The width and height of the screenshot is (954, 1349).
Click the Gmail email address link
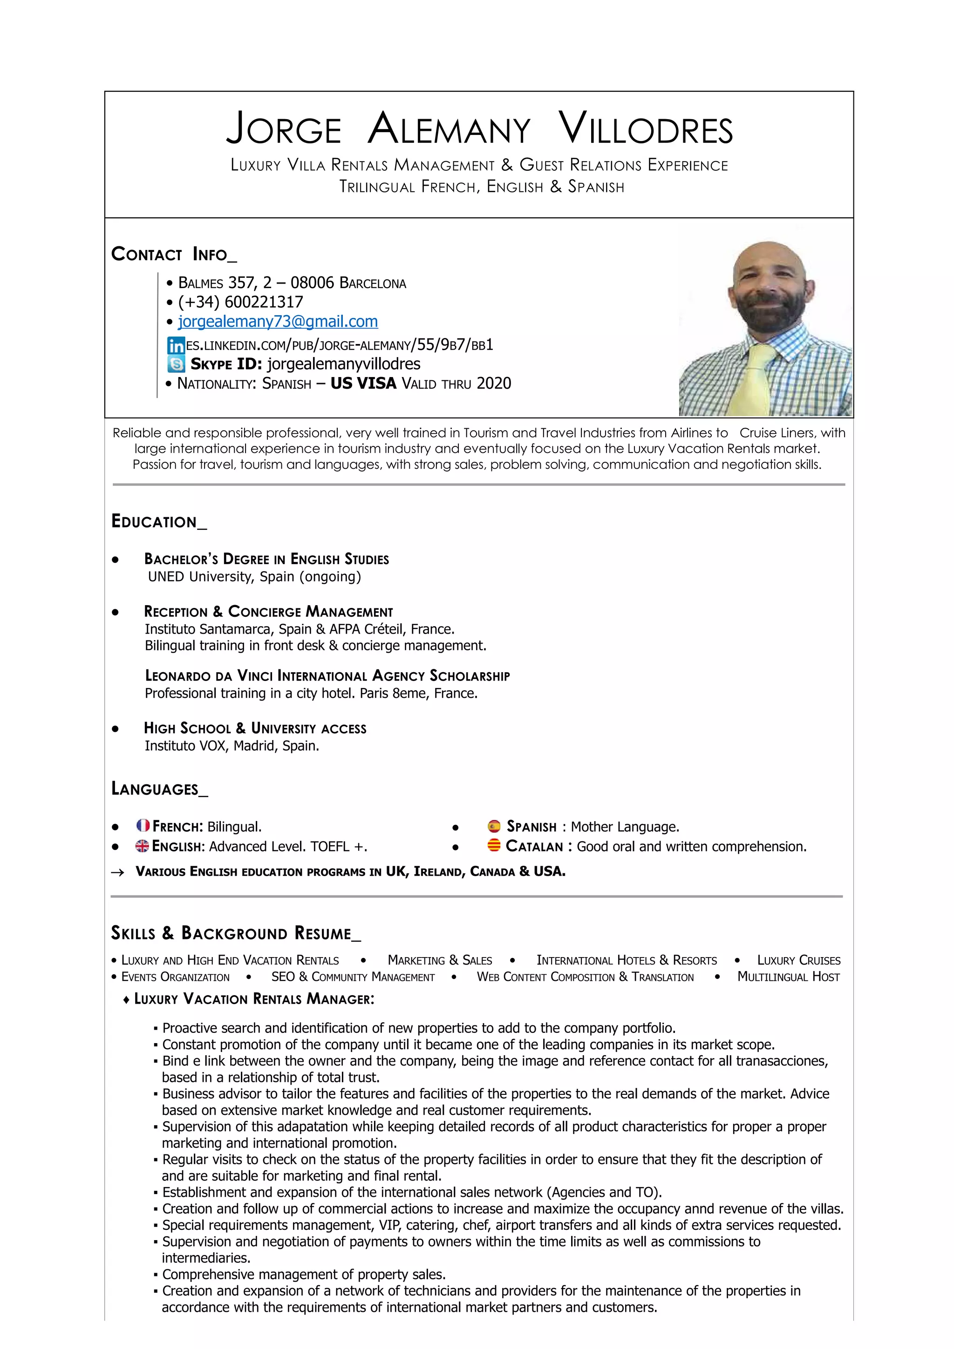click(278, 321)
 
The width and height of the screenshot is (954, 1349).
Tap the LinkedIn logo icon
click(176, 345)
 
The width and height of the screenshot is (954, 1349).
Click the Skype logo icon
click(176, 364)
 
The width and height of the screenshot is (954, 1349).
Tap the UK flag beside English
click(142, 846)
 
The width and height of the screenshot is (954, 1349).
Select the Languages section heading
click(159, 789)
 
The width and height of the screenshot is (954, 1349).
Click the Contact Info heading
click(173, 255)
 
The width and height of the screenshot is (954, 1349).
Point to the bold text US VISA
click(363, 384)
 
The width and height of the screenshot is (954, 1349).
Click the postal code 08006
click(312, 283)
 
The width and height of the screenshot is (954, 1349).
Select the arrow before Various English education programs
click(117, 872)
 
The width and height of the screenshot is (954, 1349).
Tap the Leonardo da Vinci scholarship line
click(327, 676)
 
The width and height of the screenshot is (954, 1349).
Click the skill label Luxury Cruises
click(798, 960)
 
